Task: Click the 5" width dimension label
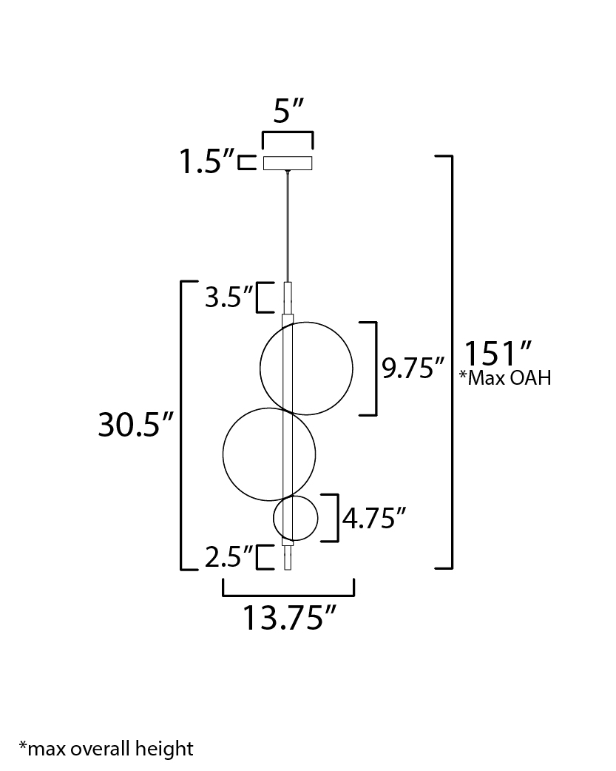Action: [288, 111]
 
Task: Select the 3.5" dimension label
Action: [229, 297]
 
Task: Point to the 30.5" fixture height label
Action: [136, 424]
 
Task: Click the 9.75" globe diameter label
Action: [413, 368]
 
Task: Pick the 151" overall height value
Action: [498, 354]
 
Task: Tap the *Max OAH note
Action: [505, 377]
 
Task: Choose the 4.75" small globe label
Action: [375, 518]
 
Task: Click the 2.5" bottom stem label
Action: [229, 557]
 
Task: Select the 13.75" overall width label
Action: [290, 618]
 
